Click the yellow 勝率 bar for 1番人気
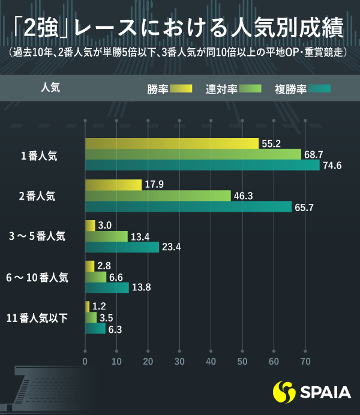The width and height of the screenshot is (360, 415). point(172,143)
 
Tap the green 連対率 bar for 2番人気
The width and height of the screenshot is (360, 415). point(158,196)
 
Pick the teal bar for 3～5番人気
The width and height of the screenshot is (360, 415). point(122,247)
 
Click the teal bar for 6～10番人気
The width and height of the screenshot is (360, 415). point(107,288)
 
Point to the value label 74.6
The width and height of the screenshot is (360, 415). point(332,166)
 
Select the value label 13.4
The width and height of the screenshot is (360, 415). point(140,236)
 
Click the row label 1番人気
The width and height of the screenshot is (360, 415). point(39,155)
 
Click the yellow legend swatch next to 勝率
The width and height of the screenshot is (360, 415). point(181,89)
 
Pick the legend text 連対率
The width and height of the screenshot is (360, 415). point(220,89)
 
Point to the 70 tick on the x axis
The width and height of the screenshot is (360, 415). point(305,362)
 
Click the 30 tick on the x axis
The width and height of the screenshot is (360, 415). point(179,362)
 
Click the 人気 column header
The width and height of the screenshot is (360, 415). point(50,87)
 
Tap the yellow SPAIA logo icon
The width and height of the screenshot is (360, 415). point(284,393)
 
